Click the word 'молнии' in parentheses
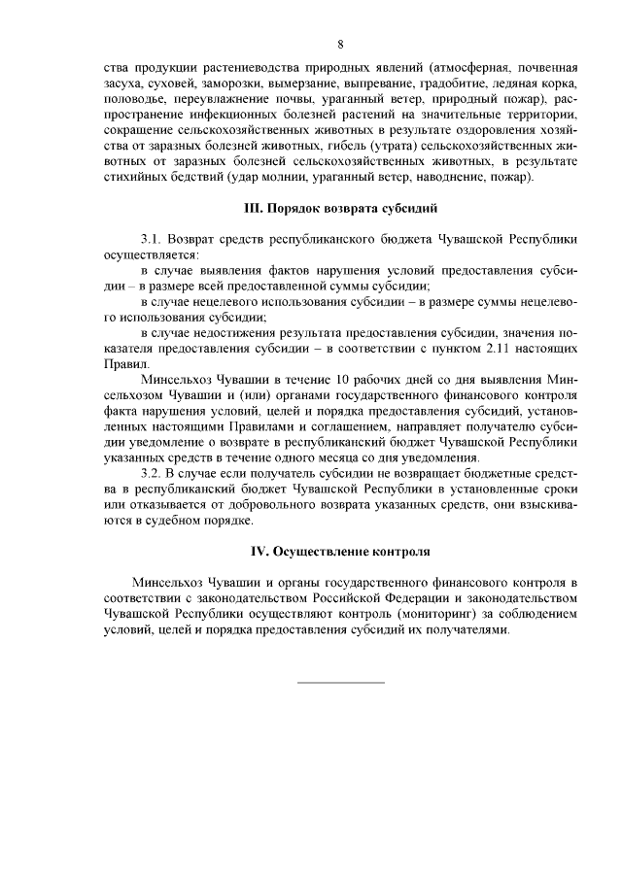coord(282,178)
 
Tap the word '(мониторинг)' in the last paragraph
coord(379,614)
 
